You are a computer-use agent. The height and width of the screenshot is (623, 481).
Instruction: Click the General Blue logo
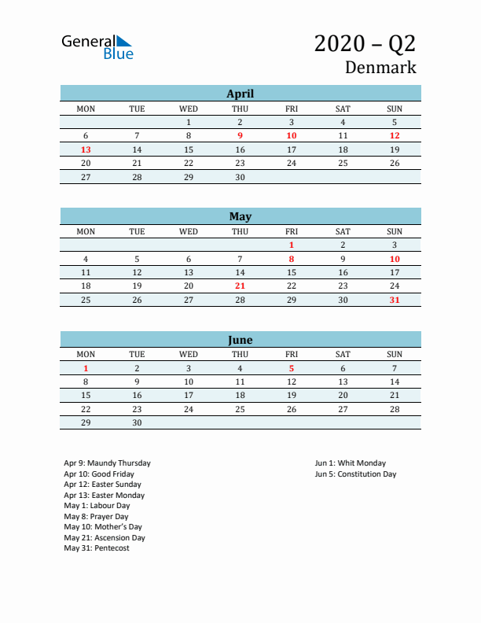coord(97,46)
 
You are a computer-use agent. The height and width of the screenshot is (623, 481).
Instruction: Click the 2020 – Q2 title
coord(365,43)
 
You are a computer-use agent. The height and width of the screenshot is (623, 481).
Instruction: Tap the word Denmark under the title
coord(380,68)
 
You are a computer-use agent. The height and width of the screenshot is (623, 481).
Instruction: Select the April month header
coord(240,94)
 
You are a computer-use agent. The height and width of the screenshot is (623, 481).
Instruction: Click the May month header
coord(240,216)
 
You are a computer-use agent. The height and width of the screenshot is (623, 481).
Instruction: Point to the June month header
coord(240,340)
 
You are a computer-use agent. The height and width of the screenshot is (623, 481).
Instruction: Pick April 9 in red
coord(240,135)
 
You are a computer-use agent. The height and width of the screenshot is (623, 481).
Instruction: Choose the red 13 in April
coord(86,149)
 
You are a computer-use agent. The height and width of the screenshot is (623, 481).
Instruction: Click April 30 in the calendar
coord(240,177)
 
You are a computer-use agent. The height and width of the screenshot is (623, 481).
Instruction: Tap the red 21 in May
coord(240,286)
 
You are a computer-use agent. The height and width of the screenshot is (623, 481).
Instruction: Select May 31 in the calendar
coord(395,300)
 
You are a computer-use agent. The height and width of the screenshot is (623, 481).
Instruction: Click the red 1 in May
coord(292,245)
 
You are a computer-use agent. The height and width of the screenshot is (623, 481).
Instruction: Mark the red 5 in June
coord(292,368)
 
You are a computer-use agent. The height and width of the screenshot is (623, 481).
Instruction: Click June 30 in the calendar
coord(137,422)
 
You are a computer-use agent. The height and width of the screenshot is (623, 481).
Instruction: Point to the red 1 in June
coord(86,368)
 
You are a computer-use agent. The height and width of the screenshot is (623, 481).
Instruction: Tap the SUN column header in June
coord(395,354)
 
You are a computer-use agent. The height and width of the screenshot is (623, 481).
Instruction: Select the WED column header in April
coord(189,109)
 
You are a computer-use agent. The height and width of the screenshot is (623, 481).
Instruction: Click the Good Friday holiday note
coord(99,474)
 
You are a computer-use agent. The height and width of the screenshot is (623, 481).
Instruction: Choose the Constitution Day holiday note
coord(355,474)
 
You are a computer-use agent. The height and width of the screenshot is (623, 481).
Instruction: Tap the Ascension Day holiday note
coord(105,538)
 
